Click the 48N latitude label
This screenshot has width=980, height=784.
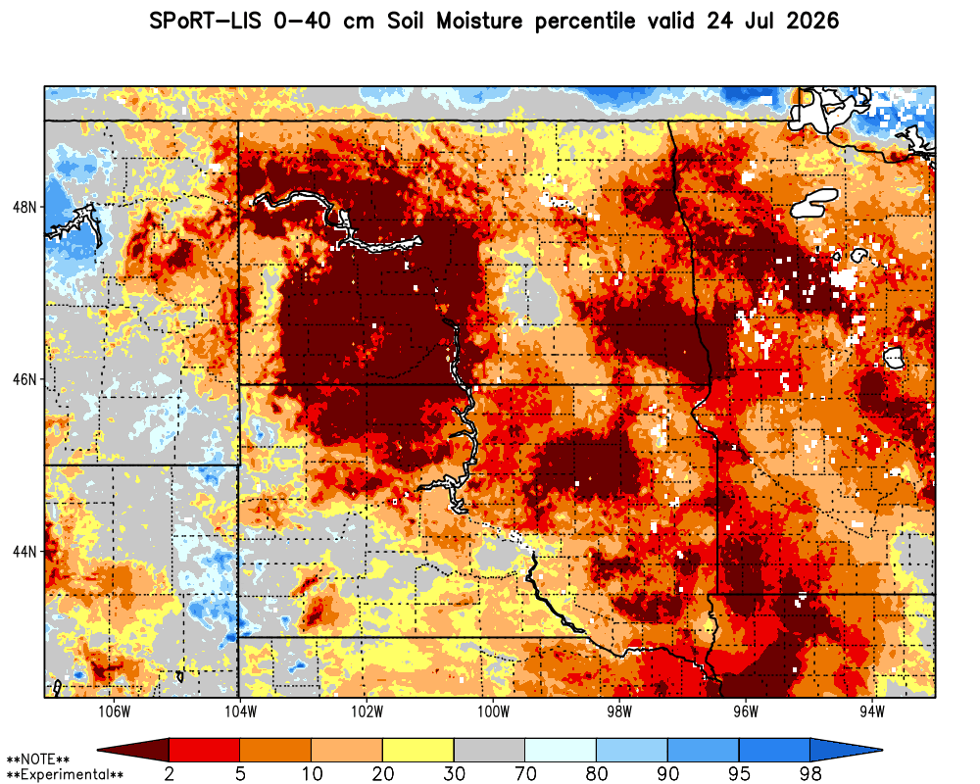[24, 207]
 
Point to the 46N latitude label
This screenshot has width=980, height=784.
[24, 379]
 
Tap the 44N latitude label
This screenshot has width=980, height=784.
[24, 552]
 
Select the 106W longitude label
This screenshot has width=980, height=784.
[115, 712]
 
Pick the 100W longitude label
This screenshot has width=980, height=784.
[493, 712]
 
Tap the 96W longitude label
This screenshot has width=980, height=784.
[746, 712]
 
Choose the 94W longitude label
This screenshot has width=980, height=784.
[872, 712]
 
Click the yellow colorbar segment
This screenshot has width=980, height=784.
[418, 750]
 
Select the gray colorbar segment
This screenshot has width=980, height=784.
[489, 750]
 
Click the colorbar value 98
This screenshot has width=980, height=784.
[810, 774]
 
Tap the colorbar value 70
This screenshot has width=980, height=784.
[525, 774]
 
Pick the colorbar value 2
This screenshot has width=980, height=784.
[170, 774]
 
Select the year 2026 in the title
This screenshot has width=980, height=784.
[812, 22]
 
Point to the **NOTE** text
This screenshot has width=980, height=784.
[38, 759]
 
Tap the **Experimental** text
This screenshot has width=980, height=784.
[65, 775]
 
